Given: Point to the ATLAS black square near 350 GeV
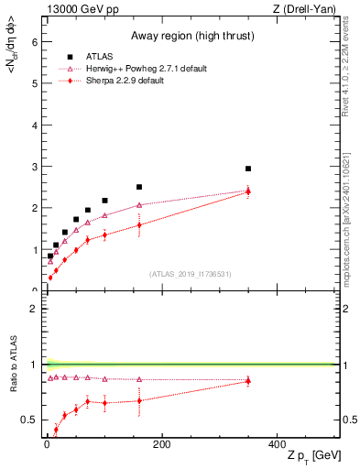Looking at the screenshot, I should [x=248, y=169].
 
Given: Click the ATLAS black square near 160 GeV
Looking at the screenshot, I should [x=139, y=187].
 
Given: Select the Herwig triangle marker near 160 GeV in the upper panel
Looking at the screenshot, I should [x=139, y=205].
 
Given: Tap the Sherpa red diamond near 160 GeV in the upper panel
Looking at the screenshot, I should [x=139, y=224].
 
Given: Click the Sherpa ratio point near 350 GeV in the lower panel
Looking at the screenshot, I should [x=248, y=381].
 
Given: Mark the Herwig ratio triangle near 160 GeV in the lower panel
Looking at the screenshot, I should [x=139, y=379].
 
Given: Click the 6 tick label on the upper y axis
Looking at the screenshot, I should [x=36, y=41].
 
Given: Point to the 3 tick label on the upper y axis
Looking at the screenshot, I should [x=36, y=166].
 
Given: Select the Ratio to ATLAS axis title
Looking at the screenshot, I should [x=13, y=365].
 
